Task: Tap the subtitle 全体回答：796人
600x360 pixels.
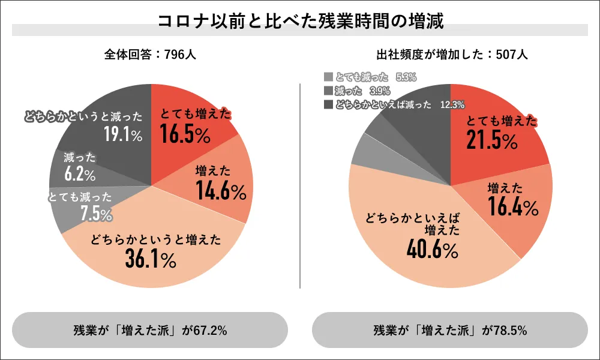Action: pos(150,54)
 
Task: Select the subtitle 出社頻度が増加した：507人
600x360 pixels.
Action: pos(450,54)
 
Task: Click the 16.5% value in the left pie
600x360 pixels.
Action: pos(185,136)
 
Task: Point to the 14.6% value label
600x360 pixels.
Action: pos(221,191)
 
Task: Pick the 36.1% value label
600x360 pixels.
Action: pos(150,259)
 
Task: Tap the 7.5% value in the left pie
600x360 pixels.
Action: pos(97,213)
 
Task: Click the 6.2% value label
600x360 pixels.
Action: pos(80,175)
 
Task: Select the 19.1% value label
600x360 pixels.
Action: pos(123,134)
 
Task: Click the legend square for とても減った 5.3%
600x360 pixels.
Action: pos(328,77)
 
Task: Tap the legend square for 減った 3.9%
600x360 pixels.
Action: pos(328,91)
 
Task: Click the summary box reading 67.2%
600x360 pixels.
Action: pos(150,330)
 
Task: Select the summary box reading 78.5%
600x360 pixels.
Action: pos(450,330)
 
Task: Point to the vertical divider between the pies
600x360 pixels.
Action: pos(299,186)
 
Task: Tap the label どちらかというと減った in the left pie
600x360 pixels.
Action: pos(83,116)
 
